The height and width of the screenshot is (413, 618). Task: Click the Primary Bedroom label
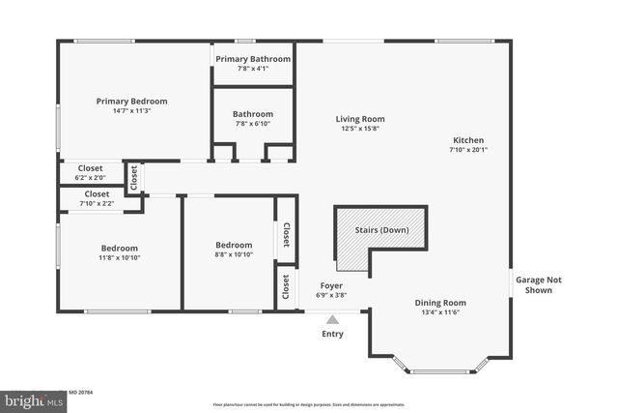coord(131,101)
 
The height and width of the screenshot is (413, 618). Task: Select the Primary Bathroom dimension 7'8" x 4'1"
coord(253,69)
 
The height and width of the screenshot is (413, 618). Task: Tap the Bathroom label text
coord(253,113)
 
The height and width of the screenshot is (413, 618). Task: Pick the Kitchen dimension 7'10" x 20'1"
coord(468,150)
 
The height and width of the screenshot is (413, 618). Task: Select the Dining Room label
coord(440,302)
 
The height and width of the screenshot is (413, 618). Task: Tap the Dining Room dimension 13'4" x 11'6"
coord(440,312)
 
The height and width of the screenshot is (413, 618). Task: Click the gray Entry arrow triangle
coord(332,318)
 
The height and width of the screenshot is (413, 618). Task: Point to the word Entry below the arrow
coord(332,334)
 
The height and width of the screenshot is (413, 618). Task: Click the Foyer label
coord(332,285)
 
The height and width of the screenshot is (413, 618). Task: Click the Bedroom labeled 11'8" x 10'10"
coord(119,248)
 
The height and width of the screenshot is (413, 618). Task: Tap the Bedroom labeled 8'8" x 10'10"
coord(234,245)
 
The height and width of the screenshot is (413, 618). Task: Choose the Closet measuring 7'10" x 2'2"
coord(97,198)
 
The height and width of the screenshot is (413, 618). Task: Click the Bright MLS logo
coord(29,399)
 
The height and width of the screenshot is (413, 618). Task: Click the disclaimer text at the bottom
coord(309,404)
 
